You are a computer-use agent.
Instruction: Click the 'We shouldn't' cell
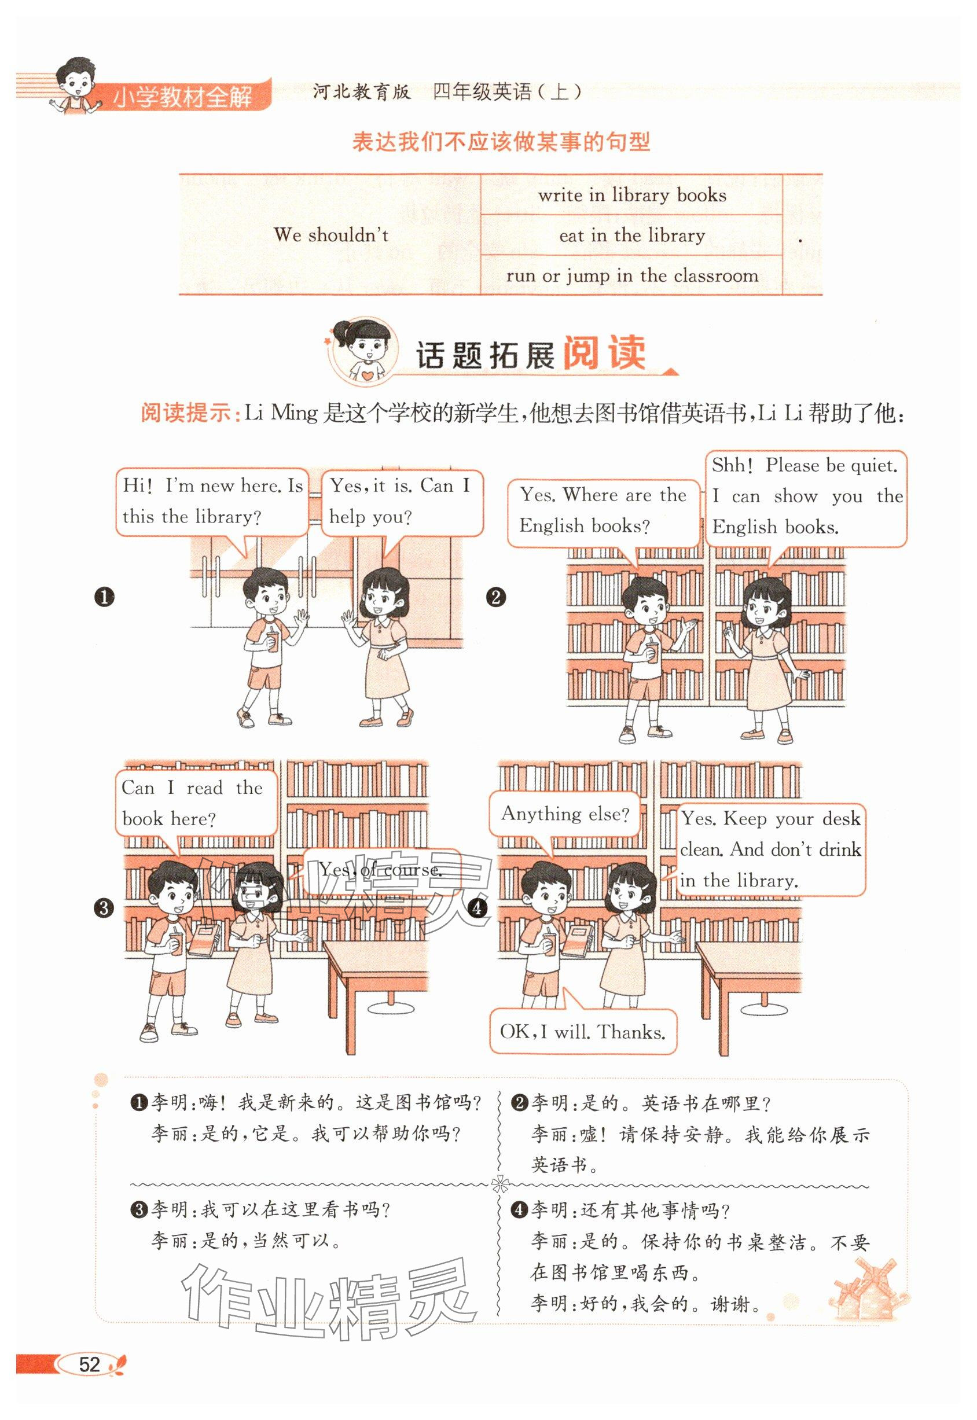[330, 234]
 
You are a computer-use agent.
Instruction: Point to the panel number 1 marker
[105, 597]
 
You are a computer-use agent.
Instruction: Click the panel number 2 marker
[495, 597]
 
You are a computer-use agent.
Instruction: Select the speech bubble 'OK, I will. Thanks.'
[583, 1031]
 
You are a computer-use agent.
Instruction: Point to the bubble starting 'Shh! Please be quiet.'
[806, 499]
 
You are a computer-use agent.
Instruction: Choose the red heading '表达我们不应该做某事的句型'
[501, 142]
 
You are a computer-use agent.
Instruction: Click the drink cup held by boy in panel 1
[273, 641]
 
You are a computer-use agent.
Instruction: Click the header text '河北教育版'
[361, 93]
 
